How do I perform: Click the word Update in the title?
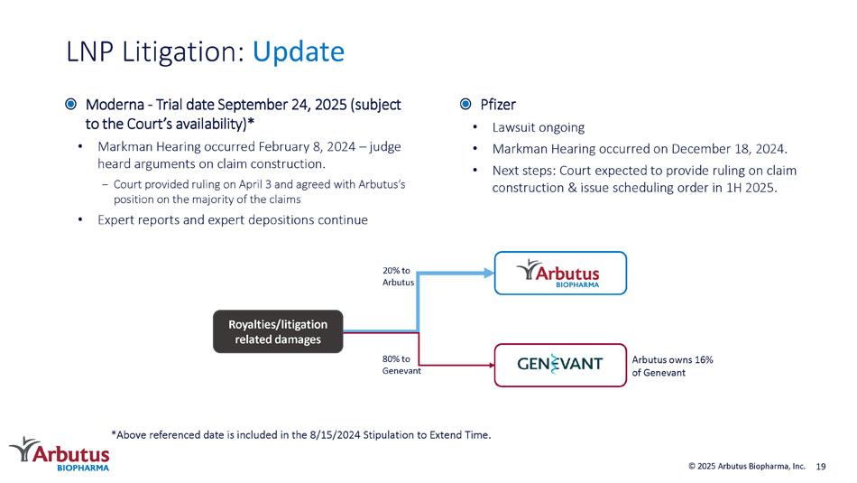coord(299,52)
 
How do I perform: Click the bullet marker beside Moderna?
coord(71,104)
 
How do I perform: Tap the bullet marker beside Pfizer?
coord(465,104)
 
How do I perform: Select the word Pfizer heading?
coord(498,105)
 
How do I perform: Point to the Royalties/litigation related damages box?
coord(278,331)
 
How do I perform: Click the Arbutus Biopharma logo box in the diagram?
coord(560,273)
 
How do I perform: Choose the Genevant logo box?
coord(560,365)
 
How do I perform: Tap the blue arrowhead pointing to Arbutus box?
coord(489,273)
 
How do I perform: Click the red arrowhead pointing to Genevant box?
coord(492,365)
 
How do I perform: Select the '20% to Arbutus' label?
coord(398,276)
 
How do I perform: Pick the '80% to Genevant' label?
coord(401,365)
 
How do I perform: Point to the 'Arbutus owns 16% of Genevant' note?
coord(672,366)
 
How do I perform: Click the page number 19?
coord(821,467)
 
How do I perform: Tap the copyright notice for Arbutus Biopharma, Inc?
coord(747,466)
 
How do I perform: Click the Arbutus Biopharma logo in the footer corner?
coord(60,454)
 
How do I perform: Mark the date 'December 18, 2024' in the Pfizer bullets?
coord(729,149)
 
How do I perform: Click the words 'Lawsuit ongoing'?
coord(539,127)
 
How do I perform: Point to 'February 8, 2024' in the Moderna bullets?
coord(307,146)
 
